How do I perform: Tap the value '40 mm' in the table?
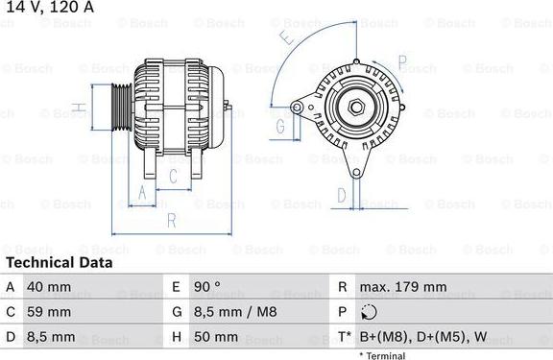[50, 287]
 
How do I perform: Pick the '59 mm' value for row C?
[50, 312]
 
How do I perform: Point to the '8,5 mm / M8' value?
[234, 312]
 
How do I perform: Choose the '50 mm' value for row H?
[217, 337]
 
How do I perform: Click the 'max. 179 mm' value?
[402, 287]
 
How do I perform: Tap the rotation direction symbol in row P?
[371, 312]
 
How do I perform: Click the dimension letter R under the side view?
[171, 220]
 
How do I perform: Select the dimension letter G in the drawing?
[281, 126]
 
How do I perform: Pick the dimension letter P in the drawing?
[402, 65]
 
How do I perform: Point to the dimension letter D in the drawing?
[341, 195]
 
